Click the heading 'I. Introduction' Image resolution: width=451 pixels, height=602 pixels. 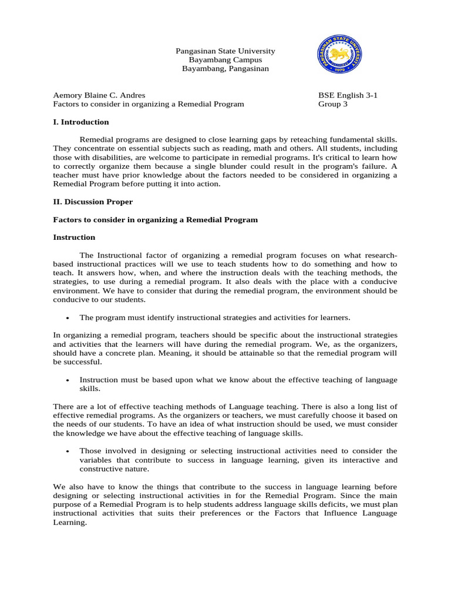click(x=81, y=122)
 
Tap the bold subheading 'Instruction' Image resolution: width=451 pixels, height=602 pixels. click(x=74, y=238)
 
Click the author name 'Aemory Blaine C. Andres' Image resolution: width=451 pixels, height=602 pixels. click(x=99, y=95)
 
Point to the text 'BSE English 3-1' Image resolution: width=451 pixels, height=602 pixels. click(x=348, y=95)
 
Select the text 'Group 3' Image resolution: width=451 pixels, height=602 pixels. click(x=333, y=104)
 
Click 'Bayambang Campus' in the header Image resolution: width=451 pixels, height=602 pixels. click(x=225, y=60)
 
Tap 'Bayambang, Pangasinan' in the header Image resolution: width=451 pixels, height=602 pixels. click(x=225, y=69)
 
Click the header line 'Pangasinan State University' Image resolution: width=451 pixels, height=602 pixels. click(x=225, y=51)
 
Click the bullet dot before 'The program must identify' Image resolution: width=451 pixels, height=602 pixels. click(x=69, y=318)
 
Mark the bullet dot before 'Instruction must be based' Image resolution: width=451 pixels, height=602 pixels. click(x=69, y=380)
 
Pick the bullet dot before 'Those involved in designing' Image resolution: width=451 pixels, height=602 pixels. click(x=69, y=451)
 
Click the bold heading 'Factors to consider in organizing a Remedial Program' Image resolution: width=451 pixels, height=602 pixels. click(x=156, y=220)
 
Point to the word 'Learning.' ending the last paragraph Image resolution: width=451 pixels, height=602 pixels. click(x=70, y=522)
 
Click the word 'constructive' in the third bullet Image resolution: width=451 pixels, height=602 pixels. click(x=102, y=469)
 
